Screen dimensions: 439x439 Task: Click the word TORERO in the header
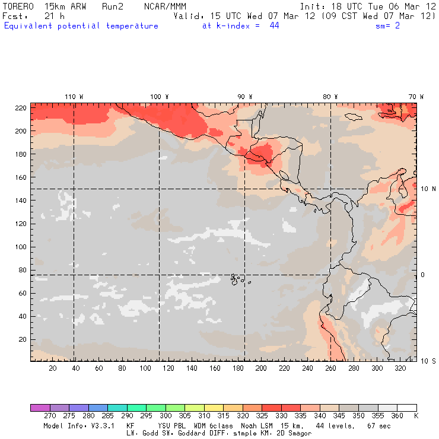coord(17,6)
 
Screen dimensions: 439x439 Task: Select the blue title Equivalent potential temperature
coord(81,26)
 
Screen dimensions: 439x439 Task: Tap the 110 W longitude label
coord(74,96)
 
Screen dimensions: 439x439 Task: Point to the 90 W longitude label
coord(245,96)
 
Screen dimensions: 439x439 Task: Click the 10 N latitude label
coord(428,189)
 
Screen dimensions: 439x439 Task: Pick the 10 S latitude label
coord(428,361)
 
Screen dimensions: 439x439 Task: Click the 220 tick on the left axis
coord(21,107)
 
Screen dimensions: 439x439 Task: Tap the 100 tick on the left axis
coord(21,246)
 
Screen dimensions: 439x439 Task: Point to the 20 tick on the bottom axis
coord(52,368)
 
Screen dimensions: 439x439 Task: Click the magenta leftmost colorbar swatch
coord(40,408)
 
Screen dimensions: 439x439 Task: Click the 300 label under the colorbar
coord(166,416)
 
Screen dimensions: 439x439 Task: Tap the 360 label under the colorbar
coord(397,416)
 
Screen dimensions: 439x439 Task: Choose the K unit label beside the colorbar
coord(416,416)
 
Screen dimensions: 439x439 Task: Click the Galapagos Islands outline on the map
coord(238,278)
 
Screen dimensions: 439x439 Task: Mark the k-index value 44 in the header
coord(274,26)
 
